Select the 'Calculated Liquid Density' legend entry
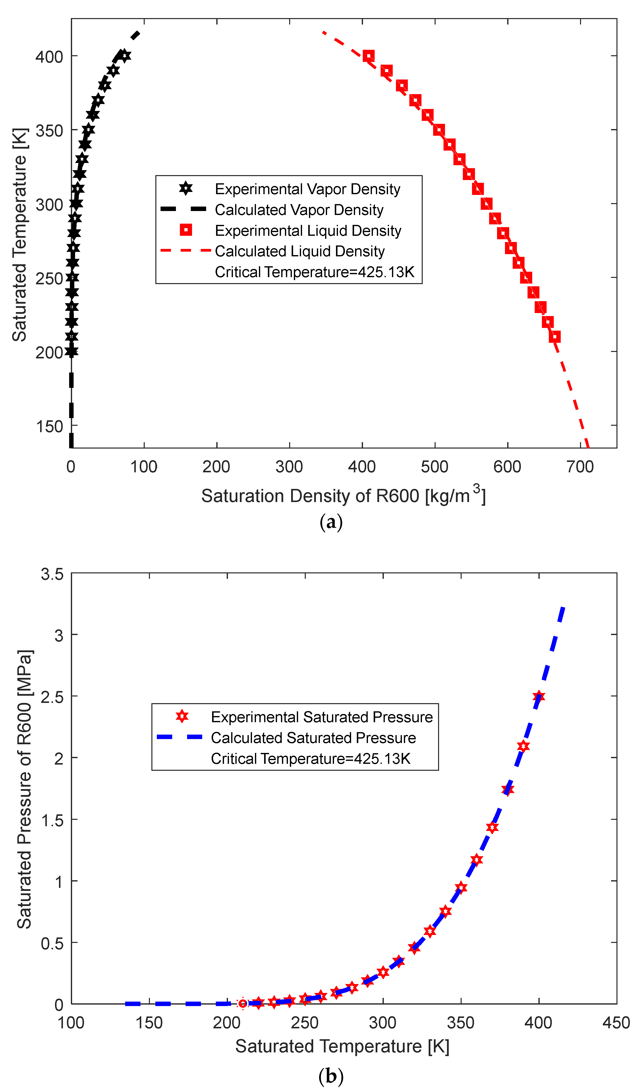click(300, 251)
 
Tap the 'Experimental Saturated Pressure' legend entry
click(322, 717)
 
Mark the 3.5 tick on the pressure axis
click(52, 575)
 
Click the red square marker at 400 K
click(368, 56)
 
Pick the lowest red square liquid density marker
click(554, 337)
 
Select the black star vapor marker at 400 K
click(125, 56)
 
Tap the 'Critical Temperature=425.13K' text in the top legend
click(314, 272)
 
